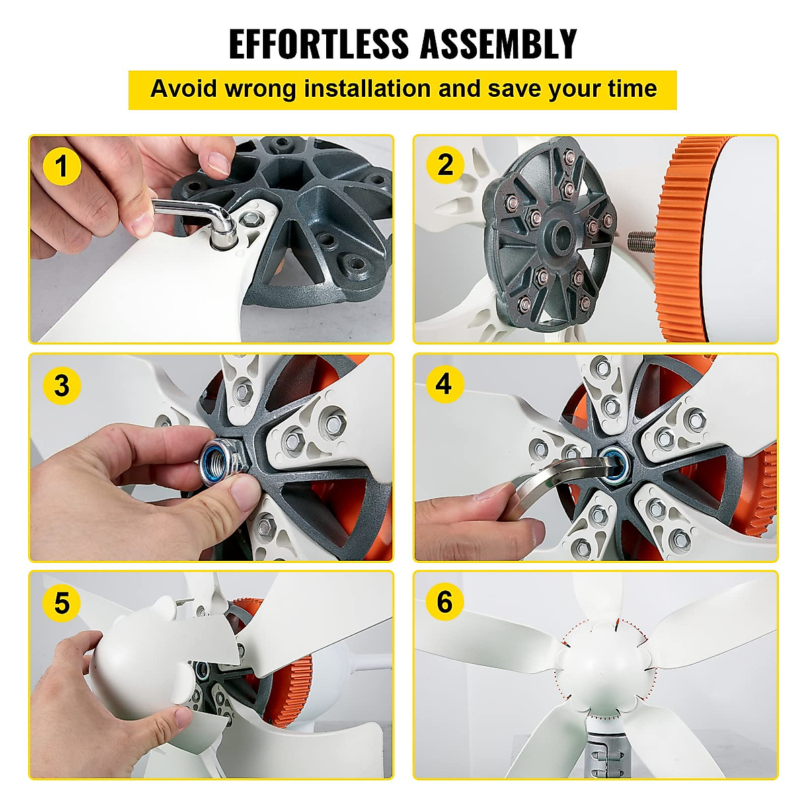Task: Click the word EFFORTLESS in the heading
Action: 318,44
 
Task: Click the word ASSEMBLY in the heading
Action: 498,44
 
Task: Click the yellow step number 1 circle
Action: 62,166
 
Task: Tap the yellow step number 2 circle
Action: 445,165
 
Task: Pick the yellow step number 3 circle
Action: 61,385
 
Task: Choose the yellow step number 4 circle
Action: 444,384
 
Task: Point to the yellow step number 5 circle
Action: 61,603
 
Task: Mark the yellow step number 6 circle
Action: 445,601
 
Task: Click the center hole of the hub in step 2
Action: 556,235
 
